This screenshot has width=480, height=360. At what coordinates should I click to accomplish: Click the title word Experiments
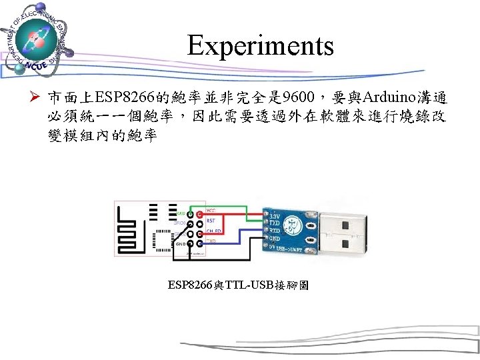point(260,46)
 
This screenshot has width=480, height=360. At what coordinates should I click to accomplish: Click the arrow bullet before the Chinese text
point(38,101)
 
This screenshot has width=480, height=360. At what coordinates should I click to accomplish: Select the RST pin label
point(211,219)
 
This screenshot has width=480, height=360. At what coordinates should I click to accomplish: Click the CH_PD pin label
point(213,230)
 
